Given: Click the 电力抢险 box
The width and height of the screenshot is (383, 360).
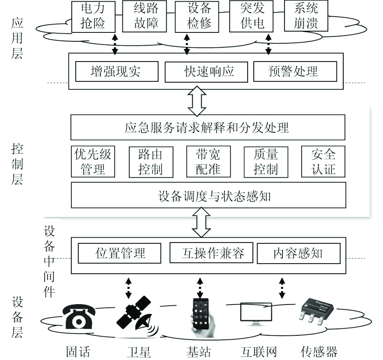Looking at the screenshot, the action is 93,17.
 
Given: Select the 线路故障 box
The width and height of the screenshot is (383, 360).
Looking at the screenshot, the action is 144,16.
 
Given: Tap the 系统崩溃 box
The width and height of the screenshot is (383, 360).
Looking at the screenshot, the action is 306,16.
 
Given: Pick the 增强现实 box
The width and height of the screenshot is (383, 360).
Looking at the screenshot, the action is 117,71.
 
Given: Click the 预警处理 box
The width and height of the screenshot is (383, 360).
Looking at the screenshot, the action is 295,71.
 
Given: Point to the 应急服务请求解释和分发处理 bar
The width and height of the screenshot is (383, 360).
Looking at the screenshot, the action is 208,127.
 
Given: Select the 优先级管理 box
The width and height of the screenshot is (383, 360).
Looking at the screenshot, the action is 93,162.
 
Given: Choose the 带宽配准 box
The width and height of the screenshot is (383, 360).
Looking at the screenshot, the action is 208,162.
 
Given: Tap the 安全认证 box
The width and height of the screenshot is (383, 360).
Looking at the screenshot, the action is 323,162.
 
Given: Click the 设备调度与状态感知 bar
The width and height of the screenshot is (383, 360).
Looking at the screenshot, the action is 208,195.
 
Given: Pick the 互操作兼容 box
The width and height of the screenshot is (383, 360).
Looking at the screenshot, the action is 211,253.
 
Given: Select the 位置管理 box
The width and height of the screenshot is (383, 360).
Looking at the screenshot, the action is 120,253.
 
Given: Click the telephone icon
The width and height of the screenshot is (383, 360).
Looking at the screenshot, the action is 79,317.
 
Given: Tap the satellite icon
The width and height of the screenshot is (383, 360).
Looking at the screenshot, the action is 137,317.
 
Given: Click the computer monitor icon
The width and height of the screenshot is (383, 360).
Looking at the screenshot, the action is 256,314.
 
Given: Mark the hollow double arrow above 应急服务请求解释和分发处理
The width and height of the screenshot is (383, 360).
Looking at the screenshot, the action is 197,101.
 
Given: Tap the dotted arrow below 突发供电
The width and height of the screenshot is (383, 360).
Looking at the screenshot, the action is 268,44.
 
